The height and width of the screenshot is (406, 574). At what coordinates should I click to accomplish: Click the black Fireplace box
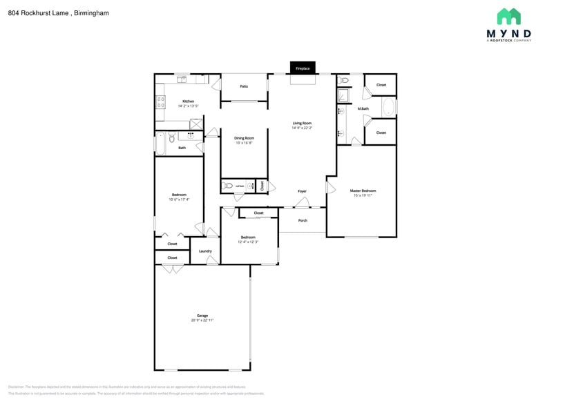point(303,68)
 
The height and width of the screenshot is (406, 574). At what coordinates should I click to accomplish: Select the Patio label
point(244,86)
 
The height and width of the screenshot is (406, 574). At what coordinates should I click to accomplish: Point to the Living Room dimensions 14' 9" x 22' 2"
point(302,128)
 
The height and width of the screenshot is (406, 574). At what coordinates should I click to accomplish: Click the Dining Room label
point(244,137)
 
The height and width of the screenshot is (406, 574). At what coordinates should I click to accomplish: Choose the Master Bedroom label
point(363,191)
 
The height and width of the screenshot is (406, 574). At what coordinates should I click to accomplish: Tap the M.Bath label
point(363,108)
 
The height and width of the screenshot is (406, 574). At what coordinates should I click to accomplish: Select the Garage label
point(202,316)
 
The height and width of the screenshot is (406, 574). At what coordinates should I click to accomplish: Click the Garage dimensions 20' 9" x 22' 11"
point(202,320)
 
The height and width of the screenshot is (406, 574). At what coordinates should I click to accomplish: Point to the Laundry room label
point(205,251)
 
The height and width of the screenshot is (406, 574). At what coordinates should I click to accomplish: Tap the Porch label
point(303,220)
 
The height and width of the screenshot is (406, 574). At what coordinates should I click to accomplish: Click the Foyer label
point(302,191)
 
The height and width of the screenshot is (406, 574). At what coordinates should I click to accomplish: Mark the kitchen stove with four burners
point(161,101)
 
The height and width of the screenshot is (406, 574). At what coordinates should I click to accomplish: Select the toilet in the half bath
point(229,186)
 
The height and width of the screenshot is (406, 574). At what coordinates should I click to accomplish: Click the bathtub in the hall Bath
point(160,144)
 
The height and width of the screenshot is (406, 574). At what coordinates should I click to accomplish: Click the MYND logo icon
point(508,17)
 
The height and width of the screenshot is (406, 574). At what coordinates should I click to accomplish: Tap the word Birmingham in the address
point(93,12)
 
